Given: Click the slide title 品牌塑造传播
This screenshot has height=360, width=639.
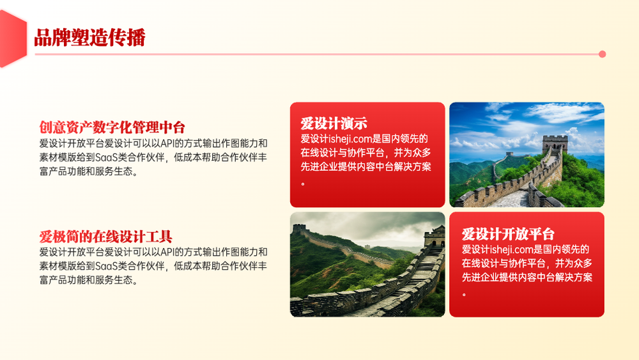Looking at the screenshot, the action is point(89,38).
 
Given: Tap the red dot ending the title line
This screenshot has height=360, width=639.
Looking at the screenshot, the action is point(603,54).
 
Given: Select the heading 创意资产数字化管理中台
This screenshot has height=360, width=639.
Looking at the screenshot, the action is point(112,127).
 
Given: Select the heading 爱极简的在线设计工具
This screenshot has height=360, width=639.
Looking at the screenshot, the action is point(105,237).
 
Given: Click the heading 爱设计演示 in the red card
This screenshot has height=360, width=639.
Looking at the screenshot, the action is point(334,123).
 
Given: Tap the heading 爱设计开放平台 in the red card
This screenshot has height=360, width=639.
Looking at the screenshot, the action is point(508,234).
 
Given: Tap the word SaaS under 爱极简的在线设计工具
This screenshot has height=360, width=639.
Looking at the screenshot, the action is point(106,266).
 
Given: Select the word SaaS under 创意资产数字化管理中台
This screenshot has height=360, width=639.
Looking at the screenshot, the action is point(106,157).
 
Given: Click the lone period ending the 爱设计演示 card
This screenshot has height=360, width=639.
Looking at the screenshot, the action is point(303,184).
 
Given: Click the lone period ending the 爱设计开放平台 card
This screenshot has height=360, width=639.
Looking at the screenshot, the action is point(464,294).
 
